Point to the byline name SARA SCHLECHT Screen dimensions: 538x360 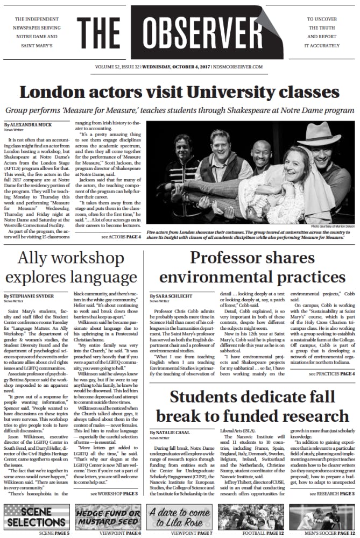[x=179, y=296]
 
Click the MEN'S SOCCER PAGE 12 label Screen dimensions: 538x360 [x=328, y=533]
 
